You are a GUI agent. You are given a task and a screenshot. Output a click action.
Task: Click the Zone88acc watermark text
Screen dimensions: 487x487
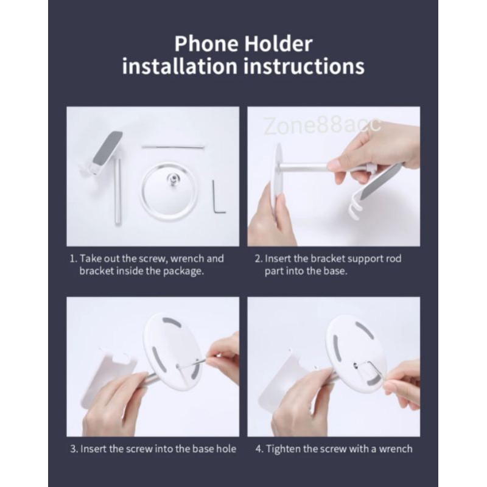coord(323,126)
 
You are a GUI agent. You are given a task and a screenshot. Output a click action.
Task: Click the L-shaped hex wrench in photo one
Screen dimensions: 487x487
coord(217,197)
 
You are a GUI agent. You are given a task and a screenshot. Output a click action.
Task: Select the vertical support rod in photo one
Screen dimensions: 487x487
coord(117,191)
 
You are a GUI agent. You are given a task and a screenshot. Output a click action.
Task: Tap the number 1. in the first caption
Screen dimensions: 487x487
coord(73,259)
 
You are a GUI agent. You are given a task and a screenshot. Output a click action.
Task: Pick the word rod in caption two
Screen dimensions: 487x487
coord(393,259)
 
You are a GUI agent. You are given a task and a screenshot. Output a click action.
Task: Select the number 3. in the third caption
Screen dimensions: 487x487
coord(73,449)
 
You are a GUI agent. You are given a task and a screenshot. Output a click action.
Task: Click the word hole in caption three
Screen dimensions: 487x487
coord(225,449)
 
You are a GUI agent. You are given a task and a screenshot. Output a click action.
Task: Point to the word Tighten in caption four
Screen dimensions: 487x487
coord(286,449)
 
